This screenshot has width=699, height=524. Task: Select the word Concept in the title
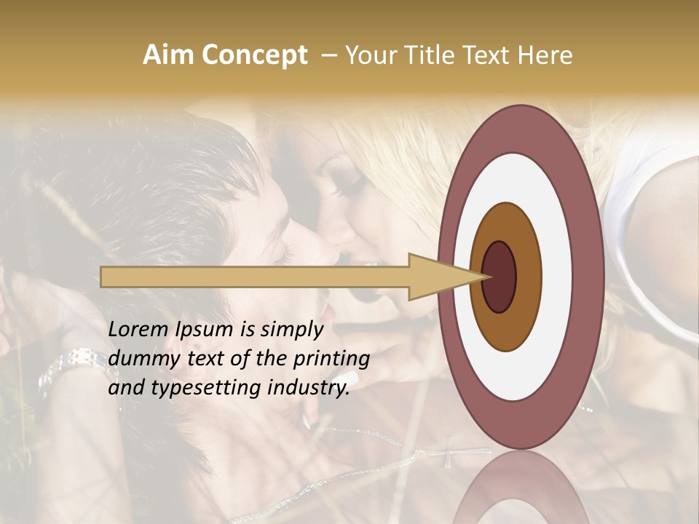pos(255,56)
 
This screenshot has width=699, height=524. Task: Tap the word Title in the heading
pos(424,55)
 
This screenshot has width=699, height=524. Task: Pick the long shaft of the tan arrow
pos(255,277)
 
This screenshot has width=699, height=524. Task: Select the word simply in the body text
pos(291,330)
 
